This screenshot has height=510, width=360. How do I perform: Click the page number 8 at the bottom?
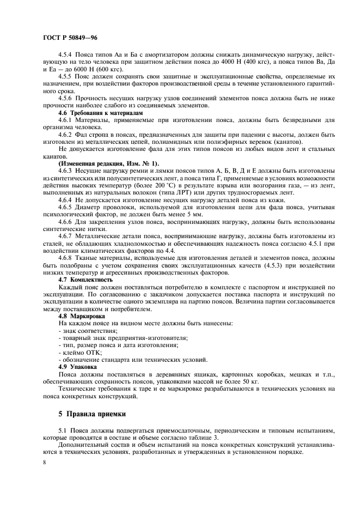[x=44, y=461]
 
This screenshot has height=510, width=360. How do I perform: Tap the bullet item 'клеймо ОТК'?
[x=76, y=353]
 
